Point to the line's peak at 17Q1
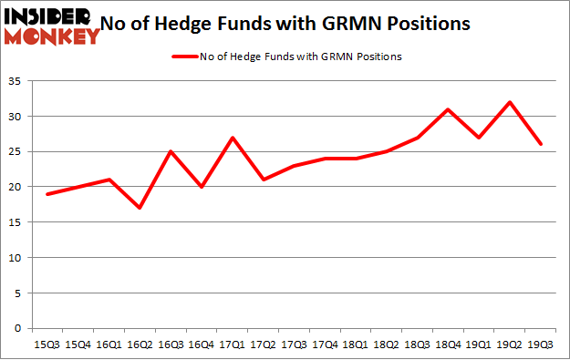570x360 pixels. pos(233,138)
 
